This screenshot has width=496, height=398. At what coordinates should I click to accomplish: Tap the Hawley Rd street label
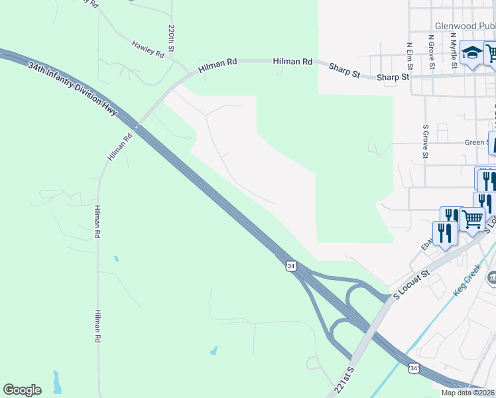point(147,49)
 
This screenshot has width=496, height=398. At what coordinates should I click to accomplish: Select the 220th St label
point(171,38)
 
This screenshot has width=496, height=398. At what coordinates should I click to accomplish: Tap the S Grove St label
point(424,141)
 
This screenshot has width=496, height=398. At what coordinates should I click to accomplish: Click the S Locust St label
point(412,282)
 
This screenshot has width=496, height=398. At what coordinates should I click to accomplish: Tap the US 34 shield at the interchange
point(290,265)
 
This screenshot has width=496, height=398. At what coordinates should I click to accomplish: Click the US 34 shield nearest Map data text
point(414,367)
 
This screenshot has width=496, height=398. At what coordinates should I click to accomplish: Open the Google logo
point(22,390)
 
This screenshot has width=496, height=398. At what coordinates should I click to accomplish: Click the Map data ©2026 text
point(468,393)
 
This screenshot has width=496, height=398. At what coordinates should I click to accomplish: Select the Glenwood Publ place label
point(460,27)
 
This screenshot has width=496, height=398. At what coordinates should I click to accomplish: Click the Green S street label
point(475,142)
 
